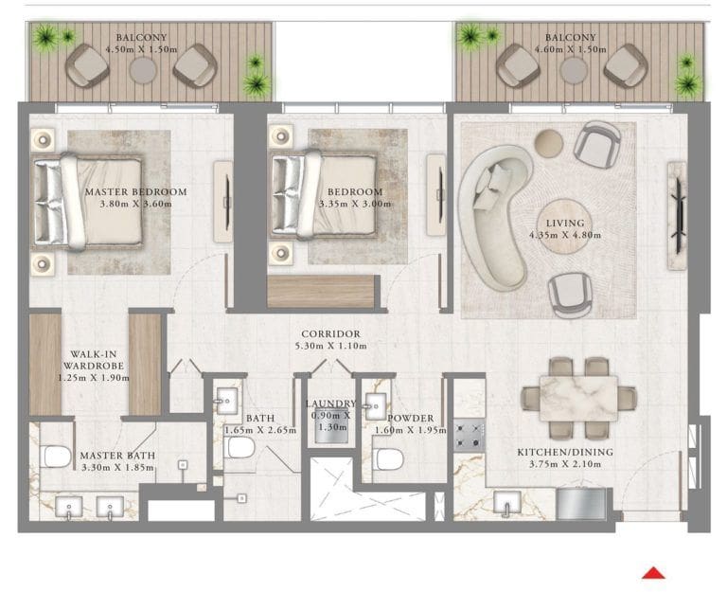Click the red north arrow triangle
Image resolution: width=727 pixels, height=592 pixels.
pyautogui.click(x=654, y=572)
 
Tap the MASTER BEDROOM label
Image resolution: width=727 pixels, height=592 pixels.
pyautogui.click(x=135, y=191)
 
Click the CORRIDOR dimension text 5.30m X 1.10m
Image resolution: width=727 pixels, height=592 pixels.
pyautogui.click(x=329, y=346)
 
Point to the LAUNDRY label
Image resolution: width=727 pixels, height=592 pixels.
pyautogui.click(x=331, y=404)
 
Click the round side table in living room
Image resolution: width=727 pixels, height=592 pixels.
pyautogui.click(x=548, y=141)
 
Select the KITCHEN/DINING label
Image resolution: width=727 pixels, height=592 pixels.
pyautogui.click(x=564, y=453)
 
